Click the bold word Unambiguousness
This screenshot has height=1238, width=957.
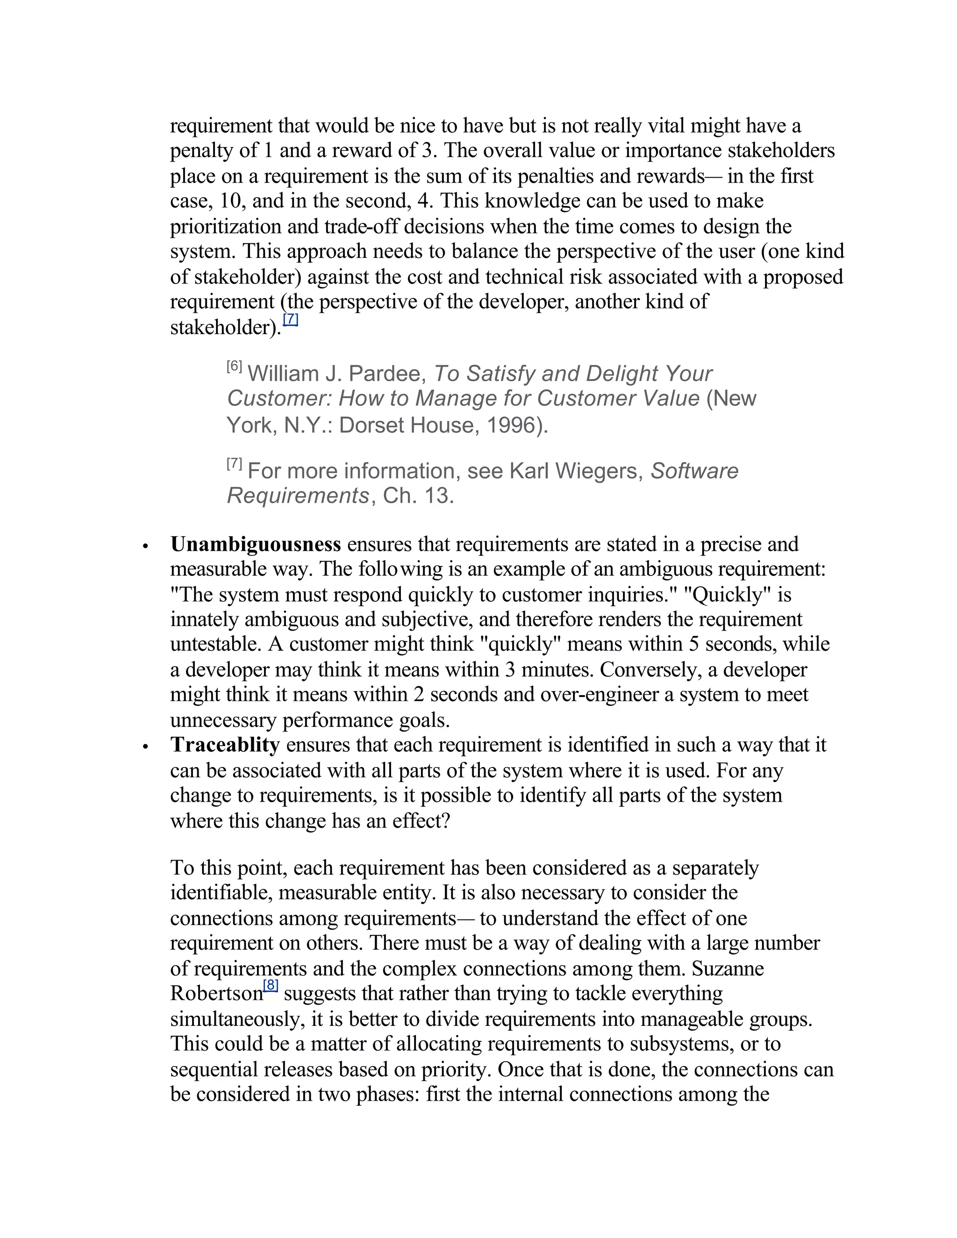[255, 544]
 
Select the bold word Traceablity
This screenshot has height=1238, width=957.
[225, 745]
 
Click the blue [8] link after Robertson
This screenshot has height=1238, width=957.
[271, 986]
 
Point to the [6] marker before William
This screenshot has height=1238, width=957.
[234, 367]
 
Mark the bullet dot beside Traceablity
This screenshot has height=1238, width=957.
[146, 747]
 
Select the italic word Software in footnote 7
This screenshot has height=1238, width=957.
[694, 471]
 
